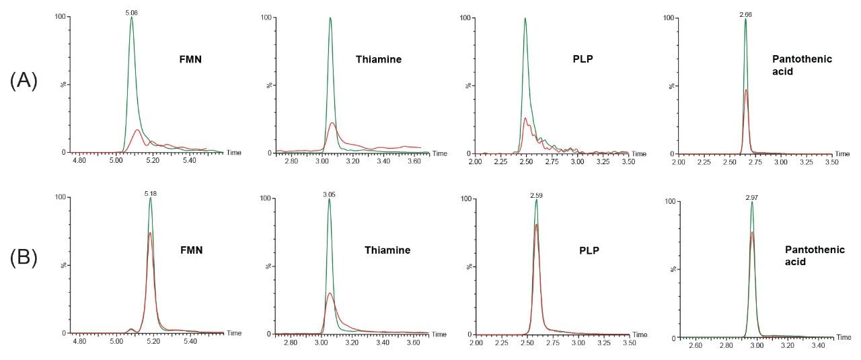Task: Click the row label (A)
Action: tap(23, 81)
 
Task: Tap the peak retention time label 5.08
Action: tap(131, 11)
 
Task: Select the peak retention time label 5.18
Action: tap(150, 193)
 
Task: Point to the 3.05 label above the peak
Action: tap(329, 194)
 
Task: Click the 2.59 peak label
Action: tap(536, 194)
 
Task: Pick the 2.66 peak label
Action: tap(745, 13)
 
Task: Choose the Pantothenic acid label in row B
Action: tap(808, 255)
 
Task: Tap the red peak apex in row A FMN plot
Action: tap(137, 130)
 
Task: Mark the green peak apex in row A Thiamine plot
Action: tap(330, 18)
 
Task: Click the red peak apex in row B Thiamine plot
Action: tap(330, 293)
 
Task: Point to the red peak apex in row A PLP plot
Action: tap(525, 118)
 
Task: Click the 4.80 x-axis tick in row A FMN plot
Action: tap(79, 161)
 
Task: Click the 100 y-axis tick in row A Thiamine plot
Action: tap(265, 17)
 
